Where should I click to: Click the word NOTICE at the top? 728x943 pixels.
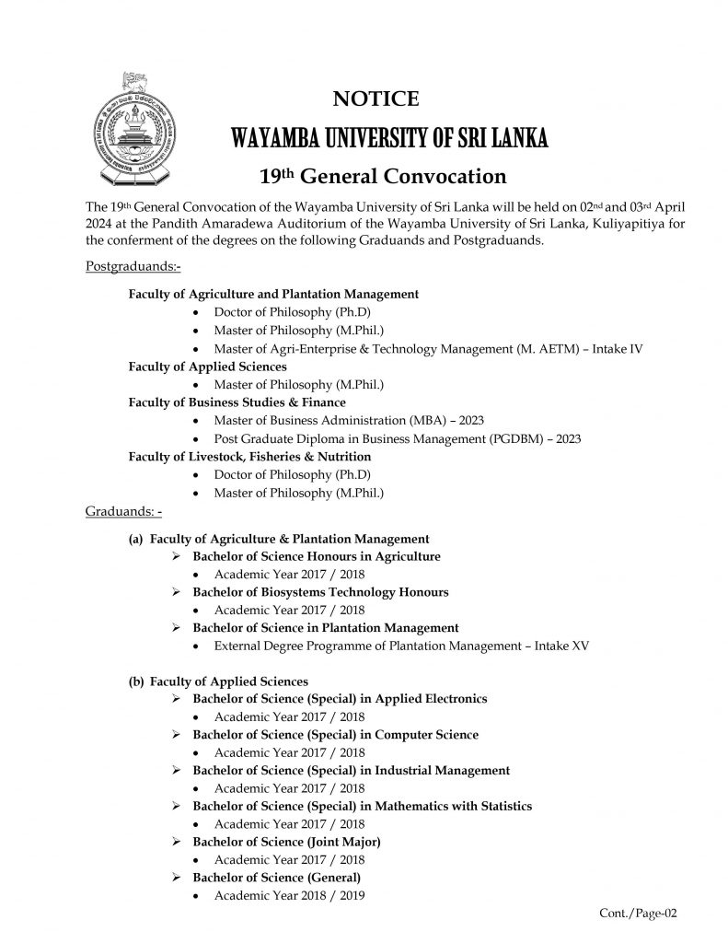tap(376, 99)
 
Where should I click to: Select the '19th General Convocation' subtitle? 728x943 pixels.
tap(386, 175)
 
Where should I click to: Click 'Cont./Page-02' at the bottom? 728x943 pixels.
tap(639, 914)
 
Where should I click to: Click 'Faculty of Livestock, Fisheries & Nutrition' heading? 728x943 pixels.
tap(249, 456)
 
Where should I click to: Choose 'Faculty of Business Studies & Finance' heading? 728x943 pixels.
tap(237, 402)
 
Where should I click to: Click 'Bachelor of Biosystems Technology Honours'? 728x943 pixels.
tap(319, 592)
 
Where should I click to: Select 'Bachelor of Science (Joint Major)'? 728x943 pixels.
tap(286, 842)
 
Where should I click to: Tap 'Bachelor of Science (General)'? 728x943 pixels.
tap(276, 877)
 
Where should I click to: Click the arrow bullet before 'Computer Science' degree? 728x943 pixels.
tap(178, 735)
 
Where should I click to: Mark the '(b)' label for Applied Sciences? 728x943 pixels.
tap(136, 681)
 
